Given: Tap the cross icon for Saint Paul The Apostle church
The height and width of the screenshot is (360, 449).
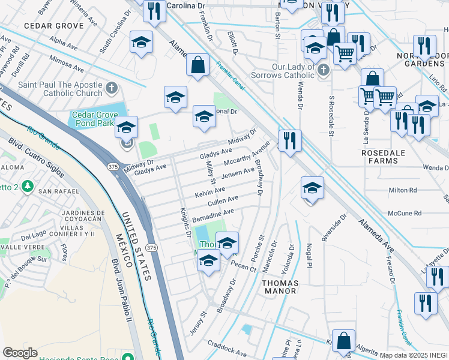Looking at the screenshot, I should click(x=111, y=89).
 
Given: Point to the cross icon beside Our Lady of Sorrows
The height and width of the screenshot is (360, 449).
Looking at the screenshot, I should click(x=324, y=70).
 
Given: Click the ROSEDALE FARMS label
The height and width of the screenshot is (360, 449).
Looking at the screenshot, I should click(x=388, y=157).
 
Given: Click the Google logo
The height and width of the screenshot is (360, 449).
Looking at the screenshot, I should click(x=20, y=353).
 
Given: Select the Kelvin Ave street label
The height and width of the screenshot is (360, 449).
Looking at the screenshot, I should click(x=210, y=193).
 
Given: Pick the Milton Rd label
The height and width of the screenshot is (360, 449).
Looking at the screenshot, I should click(x=403, y=190).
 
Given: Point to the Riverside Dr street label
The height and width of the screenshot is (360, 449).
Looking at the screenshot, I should click(x=334, y=229).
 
